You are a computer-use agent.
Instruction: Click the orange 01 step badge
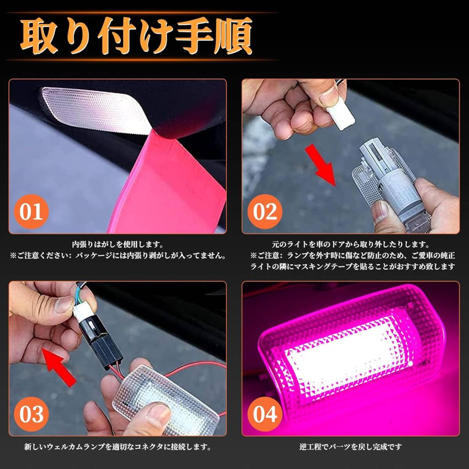pos(32,211)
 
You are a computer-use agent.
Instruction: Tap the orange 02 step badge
pos(265,211)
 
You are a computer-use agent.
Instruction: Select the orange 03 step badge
pos(32,414)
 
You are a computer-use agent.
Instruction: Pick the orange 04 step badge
pos(265,414)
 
